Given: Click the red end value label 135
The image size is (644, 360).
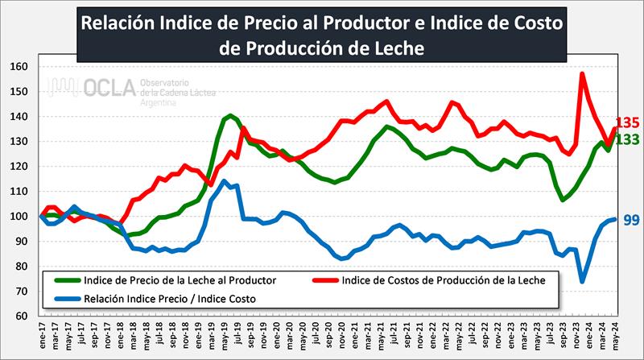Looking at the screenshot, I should click(627, 123).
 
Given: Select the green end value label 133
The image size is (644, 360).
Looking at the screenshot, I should click(627, 139).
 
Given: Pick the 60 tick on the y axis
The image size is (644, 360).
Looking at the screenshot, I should click(19, 316).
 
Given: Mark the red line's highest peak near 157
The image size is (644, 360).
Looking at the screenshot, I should click(581, 74).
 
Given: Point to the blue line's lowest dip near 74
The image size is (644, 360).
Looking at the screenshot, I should click(582, 281).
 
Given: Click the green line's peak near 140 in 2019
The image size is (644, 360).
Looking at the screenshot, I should click(230, 116).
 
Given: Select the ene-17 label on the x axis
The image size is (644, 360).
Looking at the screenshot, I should click(40, 338).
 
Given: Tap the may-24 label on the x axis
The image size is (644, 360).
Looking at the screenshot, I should click(615, 338).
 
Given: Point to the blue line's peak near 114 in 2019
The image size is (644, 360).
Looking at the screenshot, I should click(224, 180).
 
